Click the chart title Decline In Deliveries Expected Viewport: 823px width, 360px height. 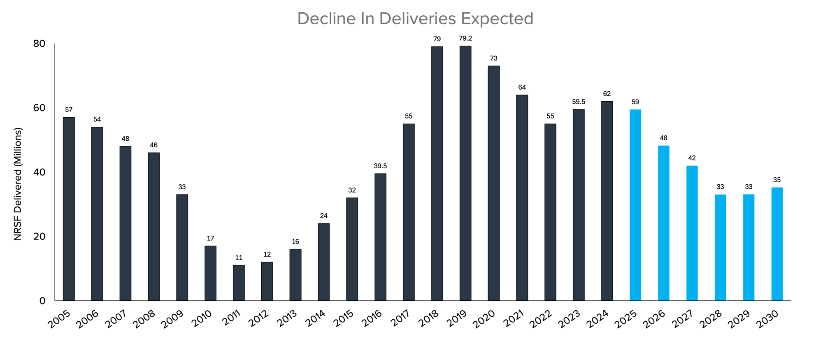(415, 19)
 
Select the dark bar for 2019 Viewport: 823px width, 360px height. (465, 173)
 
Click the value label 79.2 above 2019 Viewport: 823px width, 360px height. (465, 38)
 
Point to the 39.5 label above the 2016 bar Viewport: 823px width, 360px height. (380, 166)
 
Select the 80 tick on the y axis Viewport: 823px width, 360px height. (39, 44)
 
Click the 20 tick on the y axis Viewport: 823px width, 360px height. (39, 237)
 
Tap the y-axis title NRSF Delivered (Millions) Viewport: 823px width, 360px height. (17, 184)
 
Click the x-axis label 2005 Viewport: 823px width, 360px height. (59, 319)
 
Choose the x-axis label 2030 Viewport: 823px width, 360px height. (767, 319)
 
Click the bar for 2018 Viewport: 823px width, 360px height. (437, 173)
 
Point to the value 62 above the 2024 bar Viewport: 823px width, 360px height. (607, 94)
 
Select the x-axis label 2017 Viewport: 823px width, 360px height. (400, 319)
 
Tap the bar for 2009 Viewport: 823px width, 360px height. (182, 247)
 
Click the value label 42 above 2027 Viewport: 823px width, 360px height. (692, 158)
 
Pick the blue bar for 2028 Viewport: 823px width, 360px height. (720, 247)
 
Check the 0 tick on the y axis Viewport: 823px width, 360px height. (42, 301)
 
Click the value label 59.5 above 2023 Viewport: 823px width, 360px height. (579, 102)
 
